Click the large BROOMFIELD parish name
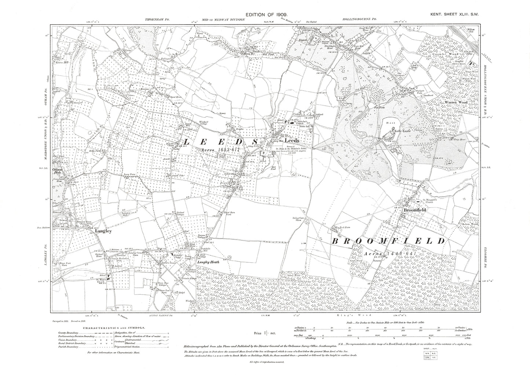[x=388, y=241]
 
